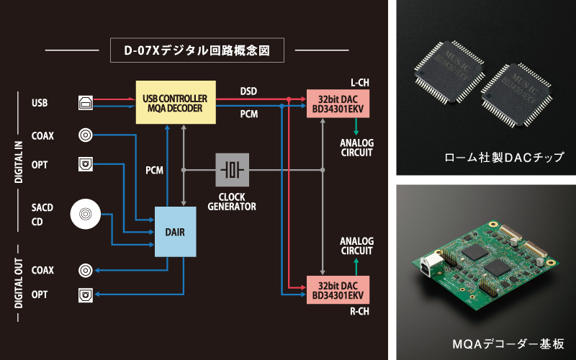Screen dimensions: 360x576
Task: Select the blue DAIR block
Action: click(x=176, y=231)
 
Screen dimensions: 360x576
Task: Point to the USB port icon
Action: click(x=85, y=103)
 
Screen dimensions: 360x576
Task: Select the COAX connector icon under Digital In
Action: click(x=85, y=135)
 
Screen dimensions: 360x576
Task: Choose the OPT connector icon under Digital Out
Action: click(x=85, y=294)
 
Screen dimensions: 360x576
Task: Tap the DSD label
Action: click(x=249, y=91)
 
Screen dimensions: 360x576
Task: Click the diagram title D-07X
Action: click(x=197, y=51)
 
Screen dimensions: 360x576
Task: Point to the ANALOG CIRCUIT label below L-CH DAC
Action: click(x=356, y=148)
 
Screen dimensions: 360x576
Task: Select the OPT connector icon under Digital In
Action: click(x=85, y=165)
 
